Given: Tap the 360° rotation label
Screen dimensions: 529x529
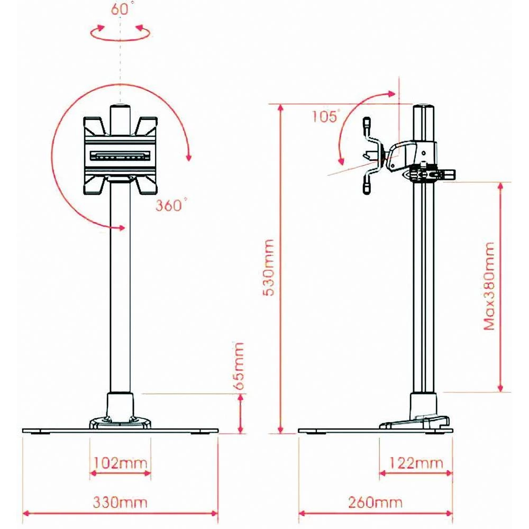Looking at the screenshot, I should pyautogui.click(x=171, y=205).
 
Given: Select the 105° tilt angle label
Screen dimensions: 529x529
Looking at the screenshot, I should pyautogui.click(x=324, y=116).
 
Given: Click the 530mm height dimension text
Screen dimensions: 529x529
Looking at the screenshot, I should pyautogui.click(x=269, y=268).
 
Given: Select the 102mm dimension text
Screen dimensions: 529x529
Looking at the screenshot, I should pyautogui.click(x=120, y=463).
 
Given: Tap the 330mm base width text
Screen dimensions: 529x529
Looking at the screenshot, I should pyautogui.click(x=120, y=501).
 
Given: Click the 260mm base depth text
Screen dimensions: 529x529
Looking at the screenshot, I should pyautogui.click(x=375, y=501).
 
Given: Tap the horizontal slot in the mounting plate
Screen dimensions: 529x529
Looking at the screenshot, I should pyautogui.click(x=121, y=156).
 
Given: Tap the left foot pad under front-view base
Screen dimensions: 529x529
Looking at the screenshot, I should pyautogui.click(x=38, y=433).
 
